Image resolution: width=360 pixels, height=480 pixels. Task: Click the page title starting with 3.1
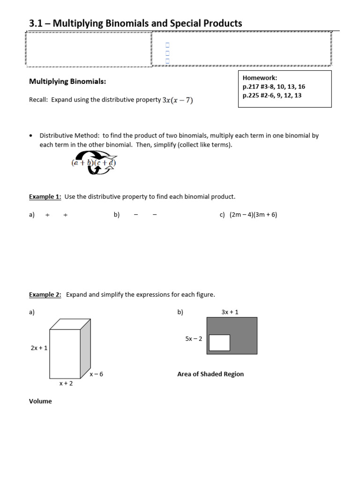pos(136,23)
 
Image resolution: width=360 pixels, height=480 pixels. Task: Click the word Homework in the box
pos(260,78)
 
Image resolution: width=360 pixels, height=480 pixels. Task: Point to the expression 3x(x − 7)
pos(178,100)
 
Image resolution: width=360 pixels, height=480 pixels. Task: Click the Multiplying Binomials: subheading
pos(67,82)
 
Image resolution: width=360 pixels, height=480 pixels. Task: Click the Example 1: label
pos(45,196)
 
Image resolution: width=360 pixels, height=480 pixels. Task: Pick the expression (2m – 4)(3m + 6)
pos(253,215)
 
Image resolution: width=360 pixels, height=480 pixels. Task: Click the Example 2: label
pos(45,294)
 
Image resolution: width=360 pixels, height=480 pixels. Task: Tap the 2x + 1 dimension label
pos(39,348)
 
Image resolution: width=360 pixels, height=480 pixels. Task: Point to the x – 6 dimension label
pos(96,374)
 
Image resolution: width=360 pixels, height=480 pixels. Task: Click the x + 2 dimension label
pos(66,383)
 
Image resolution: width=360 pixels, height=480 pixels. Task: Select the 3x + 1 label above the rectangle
pos(230,312)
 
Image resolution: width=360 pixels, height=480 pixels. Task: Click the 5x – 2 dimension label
pos(194,338)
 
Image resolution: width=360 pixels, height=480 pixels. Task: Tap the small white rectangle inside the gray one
pos(219,343)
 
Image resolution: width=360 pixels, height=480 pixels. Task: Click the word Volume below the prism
pos(40,401)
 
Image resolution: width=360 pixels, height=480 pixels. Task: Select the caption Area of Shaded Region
pos(210,374)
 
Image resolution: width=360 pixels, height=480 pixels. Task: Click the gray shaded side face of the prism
pos(85,349)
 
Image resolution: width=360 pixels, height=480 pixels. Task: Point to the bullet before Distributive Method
pos(31,135)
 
